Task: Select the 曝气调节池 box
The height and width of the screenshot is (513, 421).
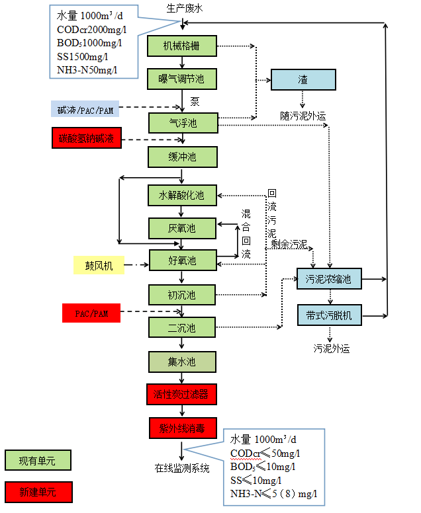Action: [182, 79]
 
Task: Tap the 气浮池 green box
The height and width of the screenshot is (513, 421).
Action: [182, 122]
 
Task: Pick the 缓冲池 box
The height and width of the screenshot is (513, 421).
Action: [182, 157]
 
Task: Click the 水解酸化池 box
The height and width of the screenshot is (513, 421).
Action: [182, 195]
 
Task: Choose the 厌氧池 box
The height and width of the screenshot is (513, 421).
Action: [182, 228]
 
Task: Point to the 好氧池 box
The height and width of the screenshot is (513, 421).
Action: [182, 261]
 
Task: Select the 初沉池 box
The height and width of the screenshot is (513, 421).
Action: [182, 294]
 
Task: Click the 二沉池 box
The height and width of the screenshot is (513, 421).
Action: [182, 328]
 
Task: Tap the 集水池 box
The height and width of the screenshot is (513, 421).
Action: [182, 362]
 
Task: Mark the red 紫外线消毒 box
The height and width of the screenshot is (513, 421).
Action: [182, 428]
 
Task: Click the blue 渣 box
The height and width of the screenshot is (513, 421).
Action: [303, 79]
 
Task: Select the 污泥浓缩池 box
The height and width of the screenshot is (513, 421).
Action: [328, 279]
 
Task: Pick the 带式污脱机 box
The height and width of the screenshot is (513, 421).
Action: [328, 315]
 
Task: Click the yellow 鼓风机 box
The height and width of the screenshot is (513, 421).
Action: [99, 266]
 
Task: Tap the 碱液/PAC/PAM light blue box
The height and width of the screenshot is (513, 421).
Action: [85, 108]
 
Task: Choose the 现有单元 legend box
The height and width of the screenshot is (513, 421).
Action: [37, 460]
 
